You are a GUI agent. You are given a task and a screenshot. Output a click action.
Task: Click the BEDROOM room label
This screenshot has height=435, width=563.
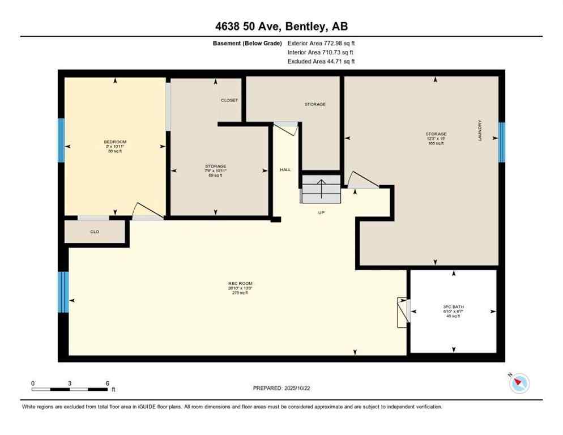point(115,142)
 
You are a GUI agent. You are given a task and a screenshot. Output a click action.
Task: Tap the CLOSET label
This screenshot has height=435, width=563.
point(229,100)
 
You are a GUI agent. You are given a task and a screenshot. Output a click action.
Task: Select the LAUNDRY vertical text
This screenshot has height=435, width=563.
point(480,130)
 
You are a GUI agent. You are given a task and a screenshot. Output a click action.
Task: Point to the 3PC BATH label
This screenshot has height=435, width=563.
point(454,308)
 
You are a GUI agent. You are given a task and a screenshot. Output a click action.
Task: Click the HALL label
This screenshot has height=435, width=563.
point(285,169)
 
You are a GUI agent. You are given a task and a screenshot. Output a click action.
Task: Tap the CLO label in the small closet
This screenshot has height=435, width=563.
point(95,232)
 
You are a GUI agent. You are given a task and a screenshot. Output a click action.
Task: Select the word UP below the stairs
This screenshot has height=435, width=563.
point(321,212)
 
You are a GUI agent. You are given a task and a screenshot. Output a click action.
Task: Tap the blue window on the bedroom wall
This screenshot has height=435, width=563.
point(61,140)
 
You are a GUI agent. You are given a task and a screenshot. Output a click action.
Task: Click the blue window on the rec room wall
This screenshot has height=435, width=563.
point(63,292)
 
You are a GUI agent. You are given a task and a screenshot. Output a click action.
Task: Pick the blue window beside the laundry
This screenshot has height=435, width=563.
point(501,142)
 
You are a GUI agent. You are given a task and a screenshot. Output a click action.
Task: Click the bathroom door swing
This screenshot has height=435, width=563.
point(403,312)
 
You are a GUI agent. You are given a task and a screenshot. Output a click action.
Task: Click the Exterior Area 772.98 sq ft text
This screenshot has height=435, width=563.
point(321,43)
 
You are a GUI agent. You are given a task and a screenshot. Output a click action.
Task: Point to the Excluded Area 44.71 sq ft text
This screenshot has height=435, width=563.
point(321,61)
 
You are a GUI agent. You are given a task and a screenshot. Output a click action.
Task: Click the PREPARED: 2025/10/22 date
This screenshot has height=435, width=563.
point(281,388)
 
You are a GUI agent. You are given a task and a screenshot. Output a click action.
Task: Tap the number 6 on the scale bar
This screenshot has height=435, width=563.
point(107,383)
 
